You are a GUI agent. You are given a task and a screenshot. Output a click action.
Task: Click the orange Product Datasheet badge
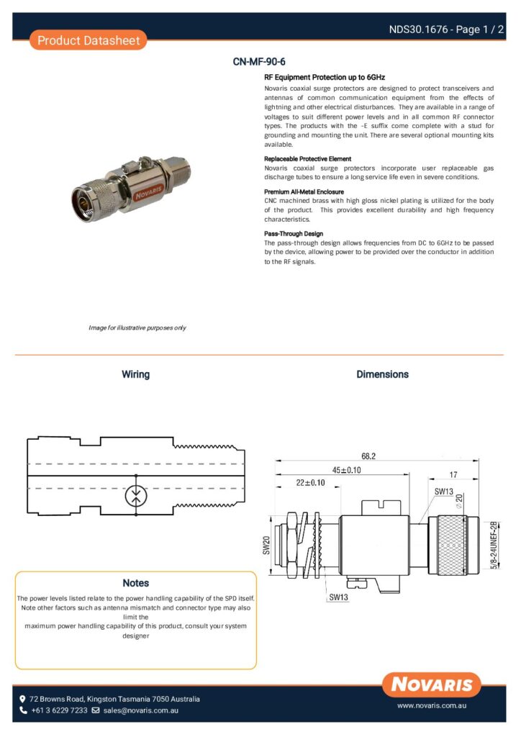[x=89, y=40]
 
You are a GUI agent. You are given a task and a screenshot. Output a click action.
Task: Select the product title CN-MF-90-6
[x=254, y=62]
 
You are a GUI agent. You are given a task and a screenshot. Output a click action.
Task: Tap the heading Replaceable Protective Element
[x=307, y=158]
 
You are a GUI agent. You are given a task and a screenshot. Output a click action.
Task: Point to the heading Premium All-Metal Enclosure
[x=304, y=192]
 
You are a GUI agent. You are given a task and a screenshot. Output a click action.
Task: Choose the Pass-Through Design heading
[x=294, y=234]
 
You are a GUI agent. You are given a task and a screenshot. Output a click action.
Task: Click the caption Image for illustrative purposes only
[x=137, y=328]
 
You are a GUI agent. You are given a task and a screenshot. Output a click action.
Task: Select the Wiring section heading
[x=135, y=374]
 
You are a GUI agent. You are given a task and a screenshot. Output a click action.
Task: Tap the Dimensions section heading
[x=382, y=374]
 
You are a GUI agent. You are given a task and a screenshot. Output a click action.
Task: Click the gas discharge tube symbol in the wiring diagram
[x=136, y=496]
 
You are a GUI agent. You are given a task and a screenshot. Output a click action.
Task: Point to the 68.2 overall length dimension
[x=369, y=456]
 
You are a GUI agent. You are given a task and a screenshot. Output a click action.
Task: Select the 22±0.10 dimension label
[x=310, y=483]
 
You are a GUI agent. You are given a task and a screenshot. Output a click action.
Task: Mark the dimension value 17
[x=453, y=474]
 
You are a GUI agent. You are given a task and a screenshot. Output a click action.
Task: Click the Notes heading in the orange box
[x=135, y=583]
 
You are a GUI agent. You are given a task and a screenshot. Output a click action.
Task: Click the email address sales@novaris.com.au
[x=140, y=710]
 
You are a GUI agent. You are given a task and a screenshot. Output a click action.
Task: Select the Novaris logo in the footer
[x=432, y=684]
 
